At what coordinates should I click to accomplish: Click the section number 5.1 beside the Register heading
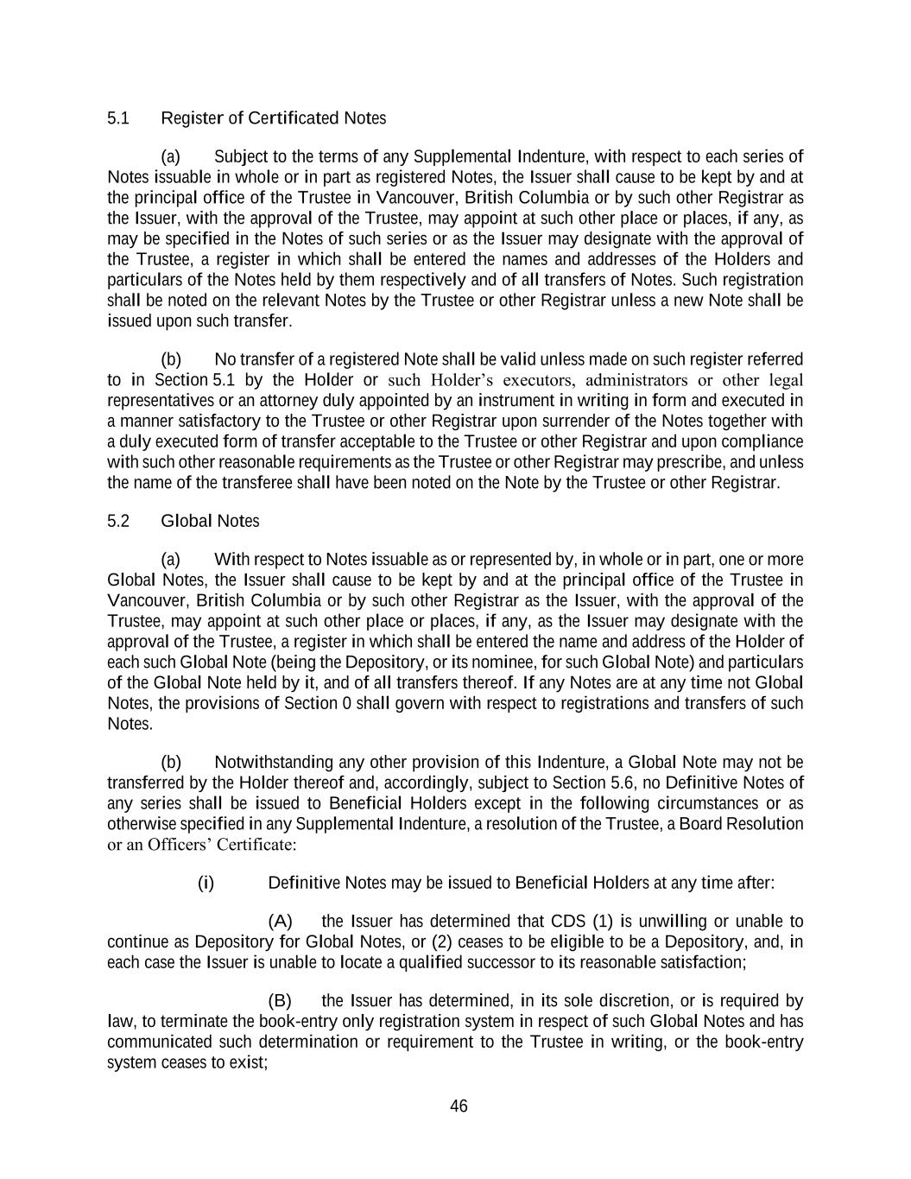tap(118, 118)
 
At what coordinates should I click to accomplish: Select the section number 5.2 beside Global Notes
tap(118, 521)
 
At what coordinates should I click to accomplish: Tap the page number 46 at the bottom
tap(459, 1106)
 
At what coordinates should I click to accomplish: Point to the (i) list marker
tap(206, 883)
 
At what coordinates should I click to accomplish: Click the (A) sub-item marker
tap(281, 921)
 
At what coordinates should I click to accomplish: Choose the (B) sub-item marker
tap(281, 1001)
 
